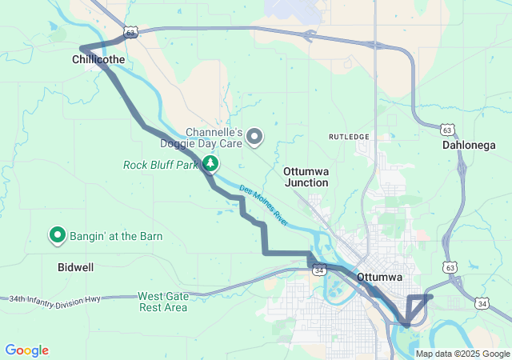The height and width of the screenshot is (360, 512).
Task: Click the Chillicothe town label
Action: pyautogui.click(x=98, y=59)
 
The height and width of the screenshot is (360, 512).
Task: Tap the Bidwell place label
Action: pyautogui.click(x=75, y=266)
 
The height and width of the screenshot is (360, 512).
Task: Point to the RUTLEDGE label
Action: pyautogui.click(x=350, y=137)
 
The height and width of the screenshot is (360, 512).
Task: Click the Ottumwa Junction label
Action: pyautogui.click(x=306, y=177)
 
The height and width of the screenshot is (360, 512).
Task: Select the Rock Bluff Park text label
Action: pyautogui.click(x=160, y=166)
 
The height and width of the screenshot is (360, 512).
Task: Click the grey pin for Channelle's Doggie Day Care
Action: pyautogui.click(x=254, y=137)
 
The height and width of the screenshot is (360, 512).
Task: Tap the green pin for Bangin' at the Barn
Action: pyautogui.click(x=58, y=235)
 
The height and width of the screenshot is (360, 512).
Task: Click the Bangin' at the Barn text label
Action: pyautogui.click(x=115, y=236)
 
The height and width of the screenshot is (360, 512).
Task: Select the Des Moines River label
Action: pyautogui.click(x=262, y=204)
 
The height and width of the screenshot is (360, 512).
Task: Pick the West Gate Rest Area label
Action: pyautogui.click(x=163, y=302)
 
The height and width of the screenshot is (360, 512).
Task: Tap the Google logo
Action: pyautogui.click(x=26, y=350)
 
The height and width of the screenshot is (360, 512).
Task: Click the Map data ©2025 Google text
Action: pyautogui.click(x=462, y=354)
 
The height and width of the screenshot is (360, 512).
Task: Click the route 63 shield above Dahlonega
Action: pyautogui.click(x=447, y=128)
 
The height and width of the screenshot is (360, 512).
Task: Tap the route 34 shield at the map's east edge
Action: pyautogui.click(x=482, y=303)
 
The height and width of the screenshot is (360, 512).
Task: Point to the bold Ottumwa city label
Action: pyautogui.click(x=378, y=277)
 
